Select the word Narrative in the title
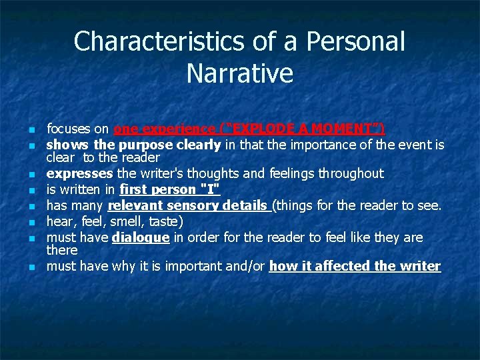pyautogui.click(x=240, y=73)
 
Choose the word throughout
pyautogui.click(x=351, y=174)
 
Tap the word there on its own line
pyautogui.click(x=62, y=250)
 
